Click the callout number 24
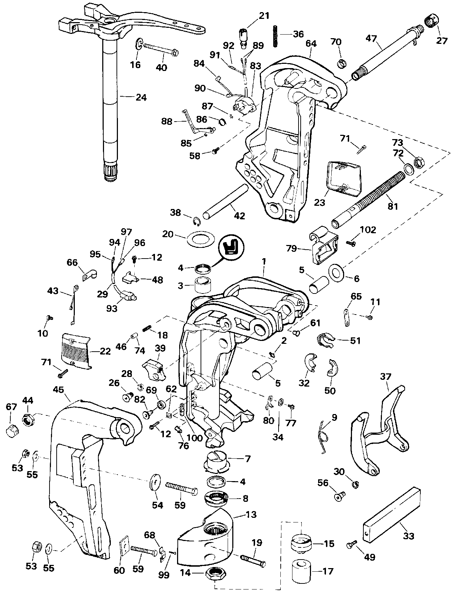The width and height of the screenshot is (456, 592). pyautogui.click(x=141, y=97)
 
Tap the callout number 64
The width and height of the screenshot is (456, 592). pyautogui.click(x=311, y=44)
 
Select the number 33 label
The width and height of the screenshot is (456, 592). pyautogui.click(x=408, y=536)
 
